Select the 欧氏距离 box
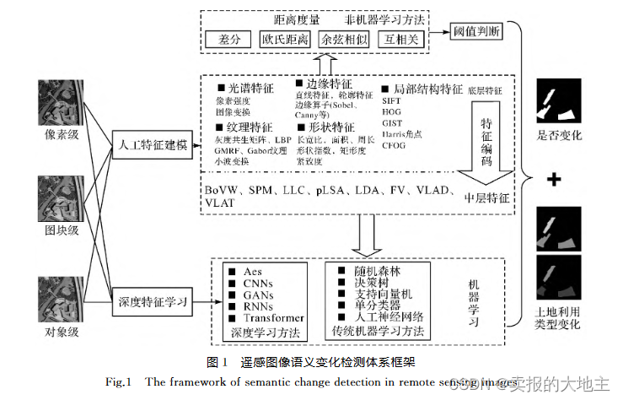coord(285,40)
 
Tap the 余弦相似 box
coord(345,40)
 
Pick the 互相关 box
coord(400,40)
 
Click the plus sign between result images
coord(556,179)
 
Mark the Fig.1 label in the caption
coord(120,382)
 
